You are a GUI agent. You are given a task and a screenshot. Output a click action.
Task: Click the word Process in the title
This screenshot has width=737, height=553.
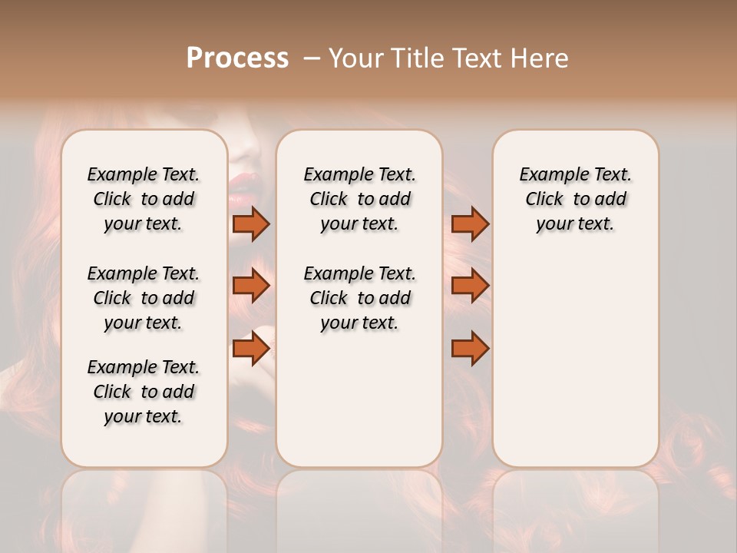click(x=237, y=58)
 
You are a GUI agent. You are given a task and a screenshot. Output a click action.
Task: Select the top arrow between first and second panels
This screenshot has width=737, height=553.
click(x=251, y=224)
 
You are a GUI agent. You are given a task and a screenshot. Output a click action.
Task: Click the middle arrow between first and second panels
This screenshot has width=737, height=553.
click(x=251, y=286)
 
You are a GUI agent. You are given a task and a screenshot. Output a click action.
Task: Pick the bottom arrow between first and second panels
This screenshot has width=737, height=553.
click(x=251, y=349)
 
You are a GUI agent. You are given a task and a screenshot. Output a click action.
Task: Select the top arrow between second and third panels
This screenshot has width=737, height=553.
click(x=470, y=224)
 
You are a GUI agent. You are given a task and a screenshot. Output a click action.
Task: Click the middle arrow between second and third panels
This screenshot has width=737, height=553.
click(x=470, y=286)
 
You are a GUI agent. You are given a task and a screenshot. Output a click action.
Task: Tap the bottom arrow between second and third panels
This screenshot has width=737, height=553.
click(x=470, y=349)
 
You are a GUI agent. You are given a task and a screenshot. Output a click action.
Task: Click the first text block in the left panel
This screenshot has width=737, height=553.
click(x=144, y=199)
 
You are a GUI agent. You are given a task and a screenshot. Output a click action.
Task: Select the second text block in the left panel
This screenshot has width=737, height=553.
click(x=144, y=298)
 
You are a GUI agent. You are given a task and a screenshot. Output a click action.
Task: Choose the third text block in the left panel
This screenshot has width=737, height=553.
click(x=144, y=392)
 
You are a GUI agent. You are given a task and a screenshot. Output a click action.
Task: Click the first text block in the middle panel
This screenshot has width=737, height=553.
click(x=359, y=199)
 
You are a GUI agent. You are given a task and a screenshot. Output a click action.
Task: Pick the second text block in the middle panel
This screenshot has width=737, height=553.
click(x=359, y=298)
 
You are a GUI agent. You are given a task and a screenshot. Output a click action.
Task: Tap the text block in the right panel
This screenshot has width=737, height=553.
click(x=575, y=199)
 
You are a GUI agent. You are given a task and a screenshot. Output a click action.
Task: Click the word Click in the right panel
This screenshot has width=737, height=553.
click(x=544, y=200)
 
